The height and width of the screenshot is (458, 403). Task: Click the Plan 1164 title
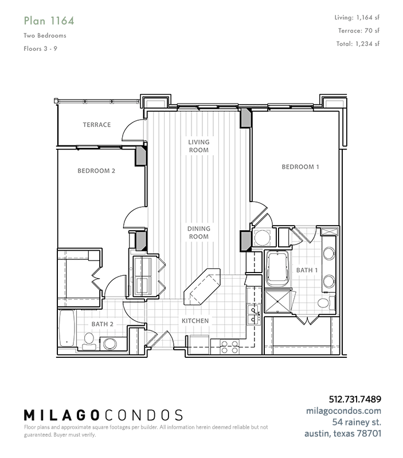pos(49,21)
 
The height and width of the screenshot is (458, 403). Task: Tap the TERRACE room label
pos(97,125)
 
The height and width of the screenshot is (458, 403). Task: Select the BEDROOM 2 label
pos(96,171)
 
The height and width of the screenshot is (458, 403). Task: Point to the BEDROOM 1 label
pos(300,167)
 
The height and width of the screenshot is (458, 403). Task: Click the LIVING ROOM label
pos(199,146)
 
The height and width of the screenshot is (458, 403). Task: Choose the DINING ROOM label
pos(199,232)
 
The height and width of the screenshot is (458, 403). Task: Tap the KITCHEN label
pos(195,321)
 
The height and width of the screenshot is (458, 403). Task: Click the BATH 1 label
pos(307,270)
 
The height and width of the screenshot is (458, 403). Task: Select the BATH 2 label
pos(103,324)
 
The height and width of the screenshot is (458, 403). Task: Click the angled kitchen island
pos(202,287)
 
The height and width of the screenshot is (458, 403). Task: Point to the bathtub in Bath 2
pos(66,329)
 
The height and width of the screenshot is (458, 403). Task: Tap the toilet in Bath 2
pos(89,342)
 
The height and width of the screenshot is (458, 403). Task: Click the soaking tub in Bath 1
pos(277,269)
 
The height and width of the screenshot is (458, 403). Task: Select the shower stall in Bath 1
pos(277,301)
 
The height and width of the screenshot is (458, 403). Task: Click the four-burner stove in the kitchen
pos(229,347)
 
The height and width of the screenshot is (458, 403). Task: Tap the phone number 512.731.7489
pos(355,399)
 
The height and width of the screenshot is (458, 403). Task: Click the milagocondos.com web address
pos(343,410)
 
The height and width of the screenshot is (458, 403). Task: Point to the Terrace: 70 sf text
pos(359,30)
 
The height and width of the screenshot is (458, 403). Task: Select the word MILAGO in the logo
pos(61,415)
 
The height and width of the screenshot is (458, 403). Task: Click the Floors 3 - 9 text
pos(40,49)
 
